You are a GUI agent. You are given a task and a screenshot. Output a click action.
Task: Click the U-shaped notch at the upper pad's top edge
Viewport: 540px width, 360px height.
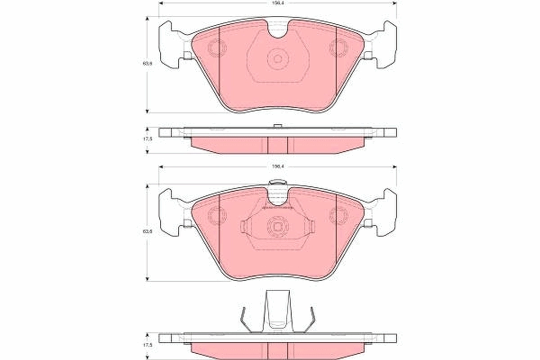(278, 30)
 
